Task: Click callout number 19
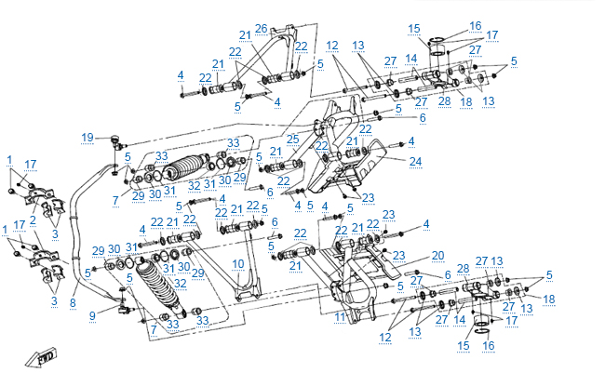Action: click(x=87, y=138)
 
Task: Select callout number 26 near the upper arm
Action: click(x=261, y=28)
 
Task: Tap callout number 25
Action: click(x=292, y=140)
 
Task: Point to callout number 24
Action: click(x=415, y=161)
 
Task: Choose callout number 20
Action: click(x=437, y=255)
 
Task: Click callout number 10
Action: click(x=237, y=263)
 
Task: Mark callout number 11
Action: click(x=340, y=317)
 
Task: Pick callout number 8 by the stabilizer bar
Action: click(x=73, y=302)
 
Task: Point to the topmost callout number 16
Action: click(x=476, y=25)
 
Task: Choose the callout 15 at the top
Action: click(x=415, y=28)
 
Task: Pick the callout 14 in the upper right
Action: click(x=410, y=58)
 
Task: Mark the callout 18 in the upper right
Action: click(x=466, y=101)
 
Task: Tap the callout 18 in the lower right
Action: click(x=549, y=298)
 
